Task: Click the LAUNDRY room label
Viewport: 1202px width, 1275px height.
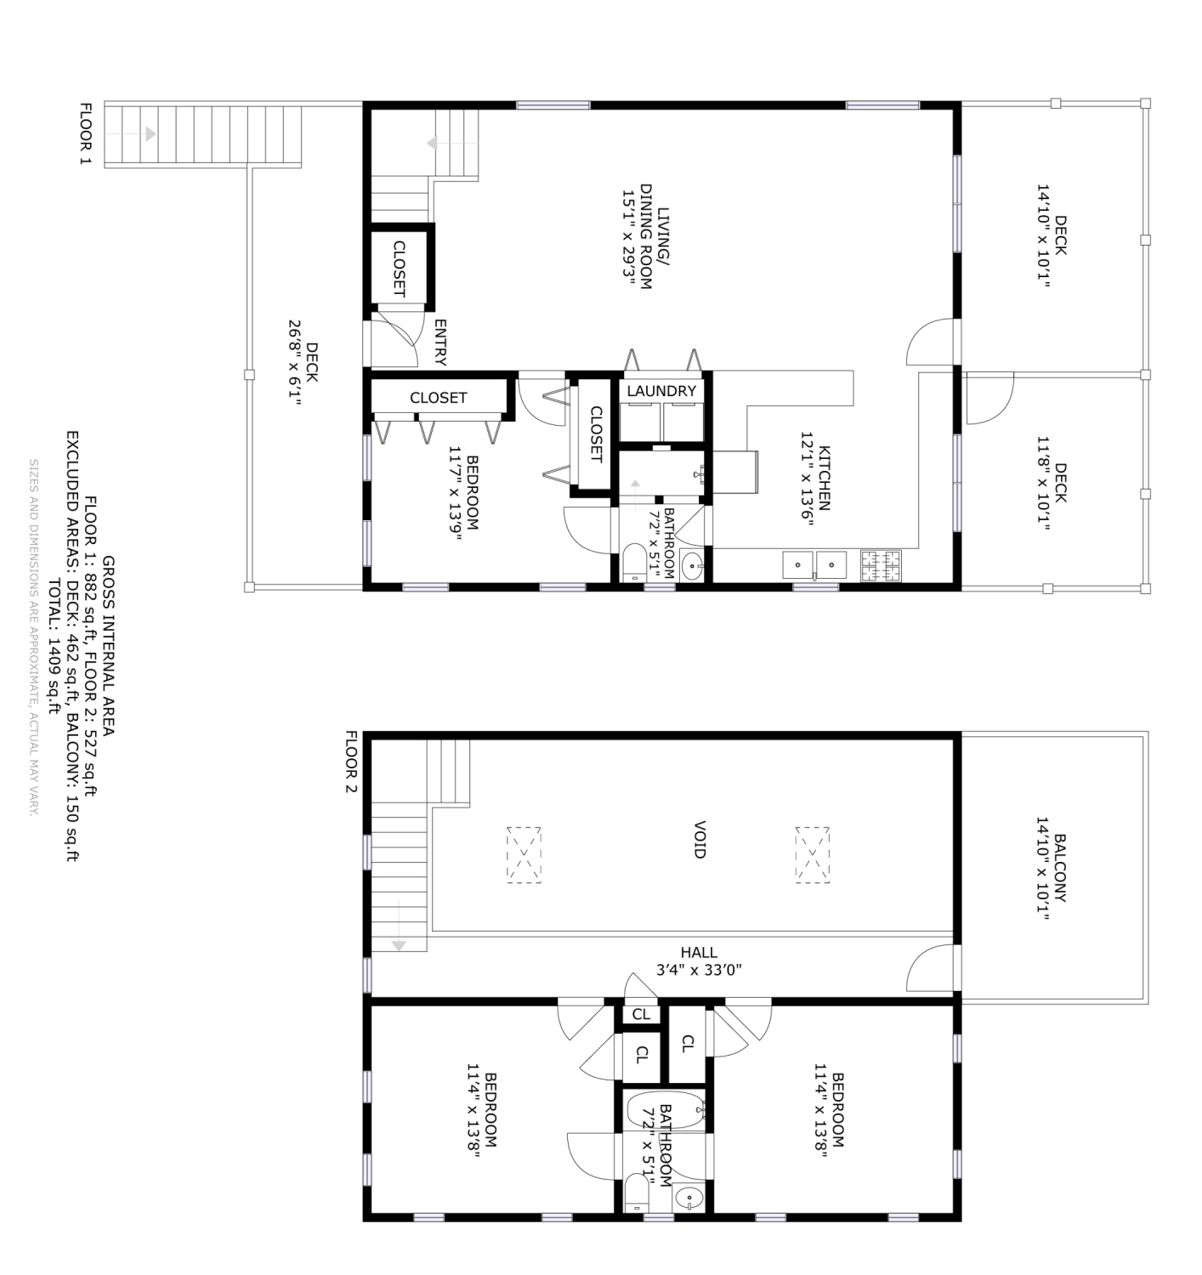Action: (661, 391)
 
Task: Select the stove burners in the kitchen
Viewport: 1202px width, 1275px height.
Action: (881, 565)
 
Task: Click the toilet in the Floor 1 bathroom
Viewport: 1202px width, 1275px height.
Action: (635, 563)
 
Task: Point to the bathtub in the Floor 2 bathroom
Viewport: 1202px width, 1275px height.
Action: (665, 1110)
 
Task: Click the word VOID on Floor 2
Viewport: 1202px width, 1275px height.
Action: (700, 839)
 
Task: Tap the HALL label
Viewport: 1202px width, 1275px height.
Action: (699, 953)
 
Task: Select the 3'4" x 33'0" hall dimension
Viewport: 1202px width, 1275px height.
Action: (699, 970)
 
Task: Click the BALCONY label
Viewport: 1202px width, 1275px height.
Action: (1059, 868)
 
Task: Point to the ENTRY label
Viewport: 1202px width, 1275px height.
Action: (440, 343)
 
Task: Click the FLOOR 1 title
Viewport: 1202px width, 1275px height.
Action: (85, 133)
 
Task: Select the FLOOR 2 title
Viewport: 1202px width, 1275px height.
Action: (350, 762)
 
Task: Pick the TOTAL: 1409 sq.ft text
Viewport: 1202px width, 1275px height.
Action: (54, 647)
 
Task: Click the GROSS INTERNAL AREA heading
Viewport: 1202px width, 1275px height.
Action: (108, 646)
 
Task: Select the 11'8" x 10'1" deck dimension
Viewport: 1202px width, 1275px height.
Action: (1043, 484)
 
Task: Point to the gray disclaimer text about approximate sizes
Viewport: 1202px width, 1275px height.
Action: (34, 637)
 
